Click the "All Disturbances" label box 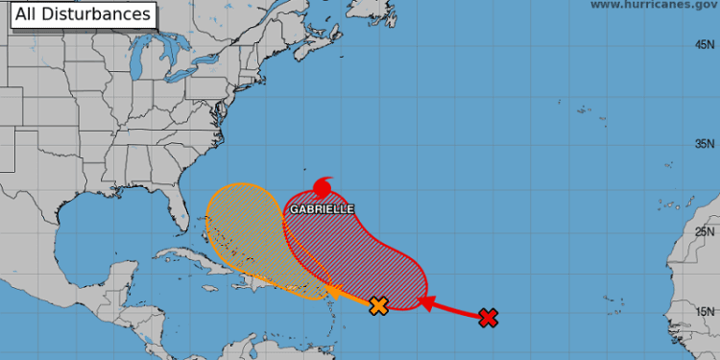(83, 14)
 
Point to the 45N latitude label (705, 45)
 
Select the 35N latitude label (705, 144)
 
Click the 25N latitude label (705, 231)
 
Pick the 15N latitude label (705, 310)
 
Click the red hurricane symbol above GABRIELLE (324, 186)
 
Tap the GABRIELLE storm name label (322, 208)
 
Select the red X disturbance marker (489, 318)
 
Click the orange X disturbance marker (378, 306)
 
